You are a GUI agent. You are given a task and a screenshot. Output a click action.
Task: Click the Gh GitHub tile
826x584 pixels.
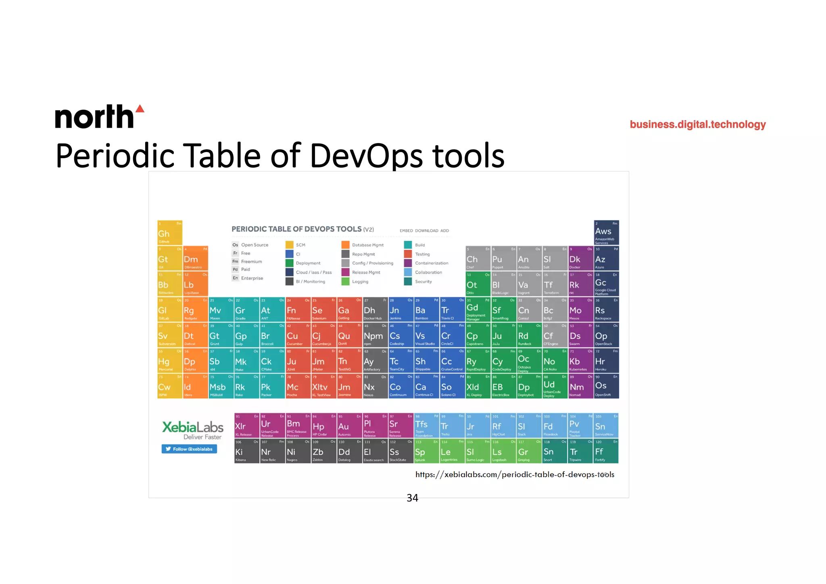coord(170,233)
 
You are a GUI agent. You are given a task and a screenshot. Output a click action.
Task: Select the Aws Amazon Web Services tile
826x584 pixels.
coord(606,233)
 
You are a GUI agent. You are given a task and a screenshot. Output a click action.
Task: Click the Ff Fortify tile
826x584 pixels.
coord(606,451)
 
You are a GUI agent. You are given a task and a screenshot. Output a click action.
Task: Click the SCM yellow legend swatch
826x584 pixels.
coord(290,245)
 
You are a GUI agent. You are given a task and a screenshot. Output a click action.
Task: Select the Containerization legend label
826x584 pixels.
coord(432,263)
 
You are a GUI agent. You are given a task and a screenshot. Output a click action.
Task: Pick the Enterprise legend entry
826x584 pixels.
coord(252,278)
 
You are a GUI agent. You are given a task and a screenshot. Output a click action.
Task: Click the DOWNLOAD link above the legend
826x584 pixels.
coord(426,231)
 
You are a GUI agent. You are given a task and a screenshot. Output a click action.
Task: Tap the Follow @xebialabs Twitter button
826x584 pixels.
coord(189,449)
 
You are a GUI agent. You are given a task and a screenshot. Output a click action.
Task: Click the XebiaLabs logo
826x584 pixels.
coord(193,430)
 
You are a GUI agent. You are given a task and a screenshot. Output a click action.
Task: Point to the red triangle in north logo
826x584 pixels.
coord(140,108)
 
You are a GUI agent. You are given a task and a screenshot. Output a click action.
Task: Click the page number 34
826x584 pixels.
coord(412,498)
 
